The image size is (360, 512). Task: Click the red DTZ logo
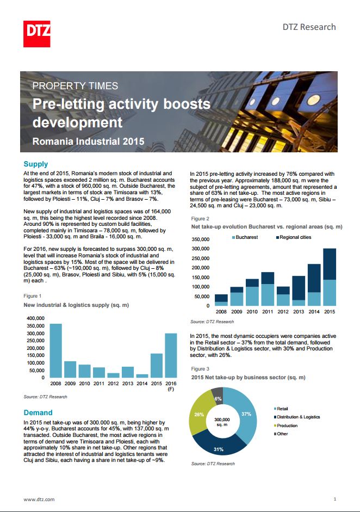tap(36, 34)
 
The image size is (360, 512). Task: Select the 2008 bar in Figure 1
tap(55, 350)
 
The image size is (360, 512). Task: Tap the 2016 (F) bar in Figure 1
tap(171, 355)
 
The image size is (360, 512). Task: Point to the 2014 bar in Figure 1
tap(142, 376)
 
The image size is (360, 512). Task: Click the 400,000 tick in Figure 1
tap(35, 318)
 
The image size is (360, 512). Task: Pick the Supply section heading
tap(35, 164)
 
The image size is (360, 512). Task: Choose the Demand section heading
tap(38, 412)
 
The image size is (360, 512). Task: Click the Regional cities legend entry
tap(294, 237)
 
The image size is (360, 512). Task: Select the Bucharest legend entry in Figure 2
tap(245, 237)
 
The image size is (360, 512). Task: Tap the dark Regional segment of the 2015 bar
tap(330, 264)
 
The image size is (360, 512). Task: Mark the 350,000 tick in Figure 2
tap(201, 239)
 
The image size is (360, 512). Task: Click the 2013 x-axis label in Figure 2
tap(299, 312)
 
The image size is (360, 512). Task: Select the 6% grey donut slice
tap(218, 395)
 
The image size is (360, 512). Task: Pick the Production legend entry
tap(285, 425)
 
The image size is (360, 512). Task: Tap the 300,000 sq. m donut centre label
tap(222, 422)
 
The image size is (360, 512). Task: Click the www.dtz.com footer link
tap(39, 499)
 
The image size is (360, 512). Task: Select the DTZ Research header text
tap(309, 27)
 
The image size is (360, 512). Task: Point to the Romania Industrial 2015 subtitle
tap(89, 141)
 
